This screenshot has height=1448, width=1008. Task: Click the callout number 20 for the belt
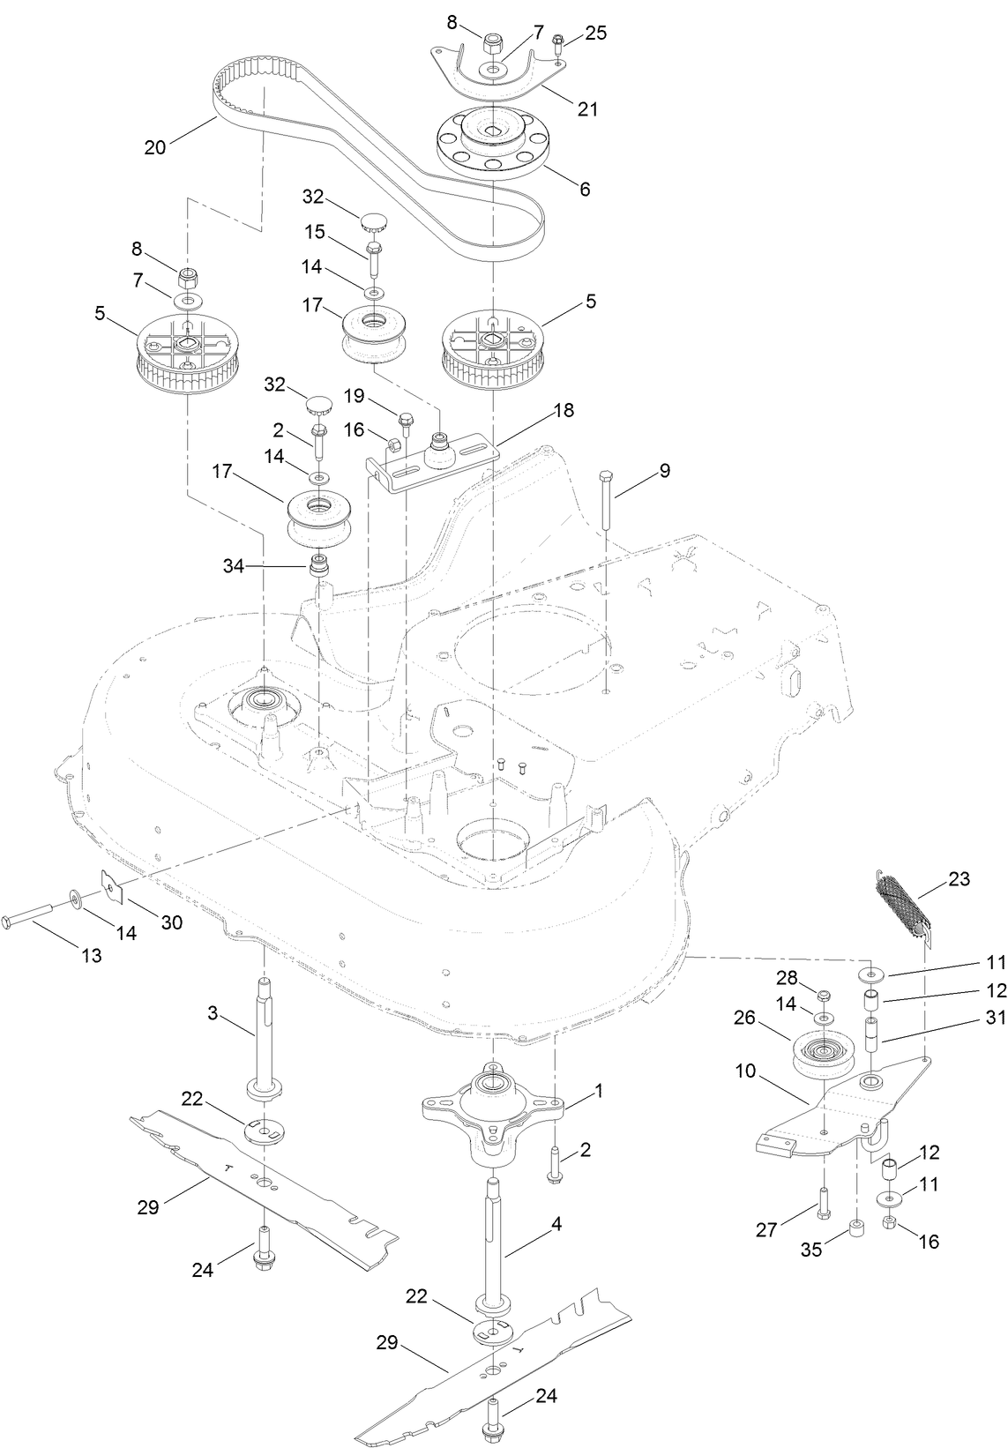point(154,147)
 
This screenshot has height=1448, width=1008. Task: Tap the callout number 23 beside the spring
point(959,878)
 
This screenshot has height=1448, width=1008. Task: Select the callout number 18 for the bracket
point(563,410)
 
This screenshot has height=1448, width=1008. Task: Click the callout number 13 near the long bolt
point(91,955)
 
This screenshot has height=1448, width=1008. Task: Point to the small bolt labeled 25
point(557,41)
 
